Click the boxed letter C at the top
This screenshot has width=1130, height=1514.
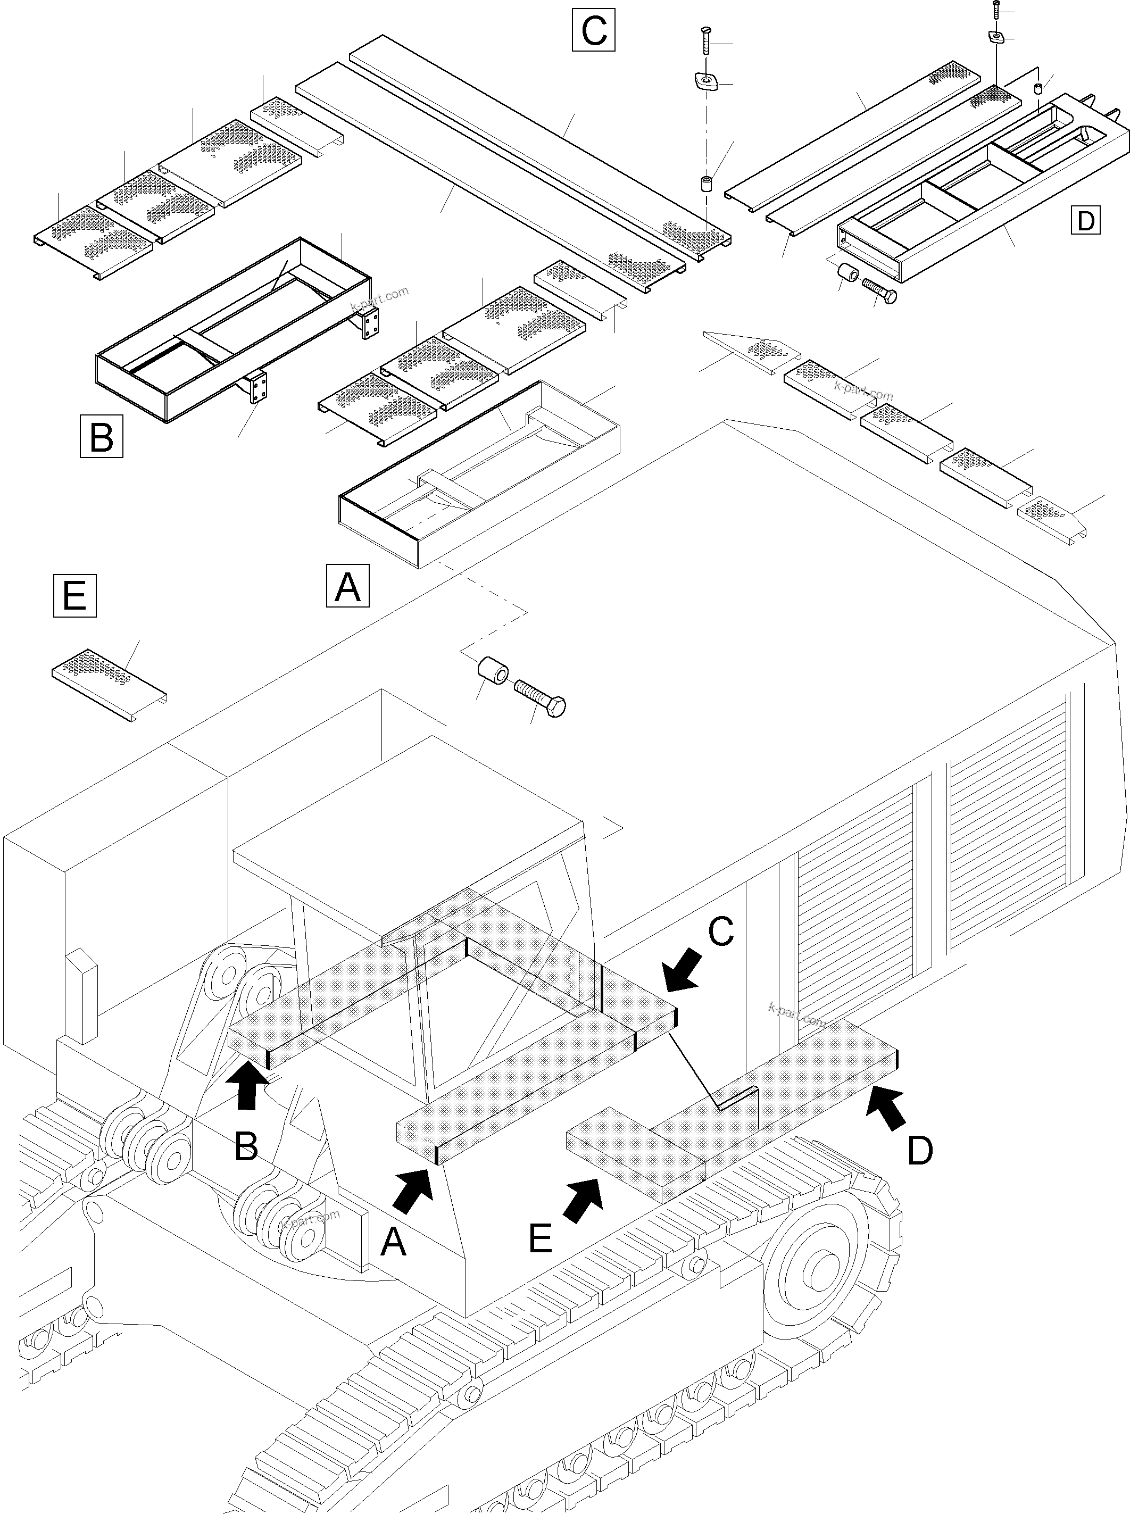click(593, 30)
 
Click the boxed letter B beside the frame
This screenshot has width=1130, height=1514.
click(101, 436)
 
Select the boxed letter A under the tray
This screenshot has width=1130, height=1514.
click(347, 585)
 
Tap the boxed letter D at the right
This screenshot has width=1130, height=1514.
click(1085, 220)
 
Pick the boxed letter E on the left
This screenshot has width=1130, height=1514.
click(74, 596)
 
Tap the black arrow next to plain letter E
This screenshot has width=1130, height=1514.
click(584, 1200)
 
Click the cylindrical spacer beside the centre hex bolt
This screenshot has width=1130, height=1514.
click(493, 671)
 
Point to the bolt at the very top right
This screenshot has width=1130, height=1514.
click(996, 8)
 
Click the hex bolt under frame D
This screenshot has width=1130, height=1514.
click(879, 290)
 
